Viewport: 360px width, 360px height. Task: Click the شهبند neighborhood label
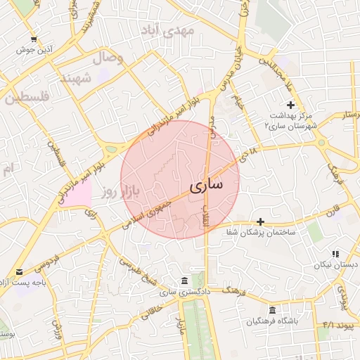pyautogui.click(x=76, y=77)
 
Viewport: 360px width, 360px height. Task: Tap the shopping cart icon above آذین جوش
pyautogui.click(x=34, y=39)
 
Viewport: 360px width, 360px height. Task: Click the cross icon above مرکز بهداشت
pyautogui.click(x=291, y=104)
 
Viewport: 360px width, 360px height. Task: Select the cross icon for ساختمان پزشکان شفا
pyautogui.click(x=260, y=221)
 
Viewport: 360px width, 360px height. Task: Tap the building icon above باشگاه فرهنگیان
pyautogui.click(x=272, y=310)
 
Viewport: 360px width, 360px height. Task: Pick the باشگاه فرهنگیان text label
pyautogui.click(x=272, y=321)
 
